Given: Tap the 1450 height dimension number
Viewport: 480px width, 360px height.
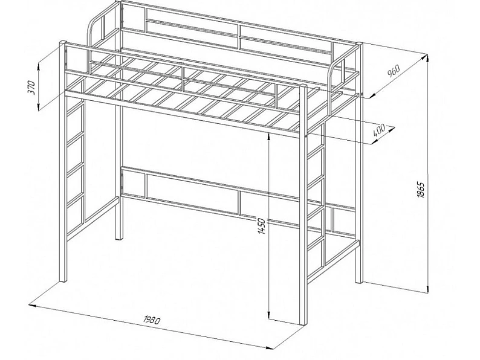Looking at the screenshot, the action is [262, 227].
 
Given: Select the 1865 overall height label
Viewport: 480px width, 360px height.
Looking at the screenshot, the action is [421, 190].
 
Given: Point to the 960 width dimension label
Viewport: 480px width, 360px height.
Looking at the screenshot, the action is [394, 71].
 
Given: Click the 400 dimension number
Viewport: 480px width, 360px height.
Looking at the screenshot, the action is [379, 130].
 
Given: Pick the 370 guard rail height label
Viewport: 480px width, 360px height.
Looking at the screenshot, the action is [32, 87].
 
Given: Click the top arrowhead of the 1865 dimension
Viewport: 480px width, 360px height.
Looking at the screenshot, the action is [427, 58].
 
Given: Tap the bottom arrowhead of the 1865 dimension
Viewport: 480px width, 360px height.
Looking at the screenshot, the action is [427, 289].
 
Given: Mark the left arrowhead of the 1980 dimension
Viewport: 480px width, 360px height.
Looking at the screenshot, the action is [33, 305].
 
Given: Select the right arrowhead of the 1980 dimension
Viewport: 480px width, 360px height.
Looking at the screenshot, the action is [270, 347].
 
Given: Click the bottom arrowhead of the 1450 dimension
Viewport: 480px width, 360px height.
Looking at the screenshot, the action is [268, 315].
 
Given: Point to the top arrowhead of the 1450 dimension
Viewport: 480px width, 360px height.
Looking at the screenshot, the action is [268, 137].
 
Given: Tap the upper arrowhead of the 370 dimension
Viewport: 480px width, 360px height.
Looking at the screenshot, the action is [39, 66].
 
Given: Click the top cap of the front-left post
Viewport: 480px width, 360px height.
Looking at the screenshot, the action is [63, 42].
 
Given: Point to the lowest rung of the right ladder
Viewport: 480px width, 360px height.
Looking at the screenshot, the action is [316, 243].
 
